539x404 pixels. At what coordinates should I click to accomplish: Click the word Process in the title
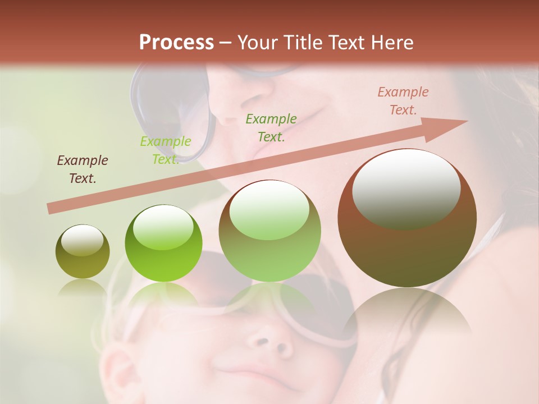[x=176, y=43]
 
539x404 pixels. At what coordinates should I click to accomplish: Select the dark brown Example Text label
[x=83, y=169]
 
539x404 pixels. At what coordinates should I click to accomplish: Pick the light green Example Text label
[x=166, y=150]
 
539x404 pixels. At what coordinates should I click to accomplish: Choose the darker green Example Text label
[x=271, y=127]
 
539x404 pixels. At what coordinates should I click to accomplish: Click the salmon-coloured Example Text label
[x=403, y=101]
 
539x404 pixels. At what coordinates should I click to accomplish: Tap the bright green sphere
[x=163, y=252]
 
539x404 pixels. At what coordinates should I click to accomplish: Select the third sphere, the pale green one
[x=270, y=247]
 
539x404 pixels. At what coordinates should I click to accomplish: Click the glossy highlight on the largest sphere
[x=406, y=189]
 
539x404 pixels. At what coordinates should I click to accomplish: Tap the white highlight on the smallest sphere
[x=83, y=240]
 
